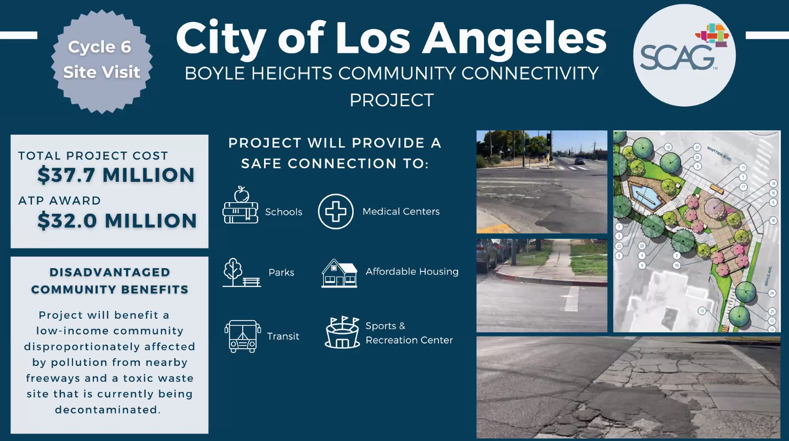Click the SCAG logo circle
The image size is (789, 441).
pyautogui.click(x=684, y=55)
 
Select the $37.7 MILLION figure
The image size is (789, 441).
pyautogui.click(x=116, y=175)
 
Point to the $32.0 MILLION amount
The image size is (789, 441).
pyautogui.click(x=117, y=221)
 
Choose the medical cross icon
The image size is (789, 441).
pyautogui.click(x=336, y=212)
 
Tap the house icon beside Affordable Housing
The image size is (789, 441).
pyautogui.click(x=339, y=273)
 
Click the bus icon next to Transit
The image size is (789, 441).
pyautogui.click(x=243, y=336)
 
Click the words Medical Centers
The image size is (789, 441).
pyautogui.click(x=401, y=212)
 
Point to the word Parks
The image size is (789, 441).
pyautogui.click(x=281, y=272)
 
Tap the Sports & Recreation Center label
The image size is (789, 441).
pyautogui.click(x=409, y=333)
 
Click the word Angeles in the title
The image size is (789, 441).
pyautogui.click(x=515, y=38)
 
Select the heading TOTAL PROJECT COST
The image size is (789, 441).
pyautogui.click(x=93, y=156)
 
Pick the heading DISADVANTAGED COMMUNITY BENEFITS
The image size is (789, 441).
pyautogui.click(x=110, y=281)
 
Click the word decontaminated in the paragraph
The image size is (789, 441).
pyautogui.click(x=107, y=410)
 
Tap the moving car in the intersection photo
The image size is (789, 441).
pyautogui.click(x=579, y=161)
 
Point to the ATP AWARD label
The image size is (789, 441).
pyautogui.click(x=60, y=201)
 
